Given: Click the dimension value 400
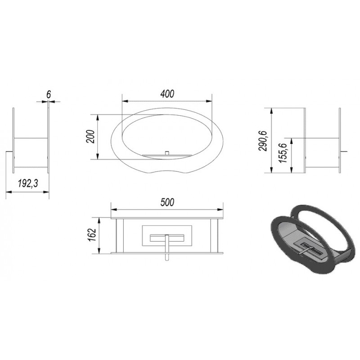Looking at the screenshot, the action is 167,94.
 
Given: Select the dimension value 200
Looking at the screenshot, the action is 90,137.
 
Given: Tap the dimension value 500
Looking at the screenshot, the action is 167,202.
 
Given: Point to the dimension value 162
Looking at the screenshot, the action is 91,235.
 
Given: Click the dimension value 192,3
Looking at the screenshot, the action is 28,184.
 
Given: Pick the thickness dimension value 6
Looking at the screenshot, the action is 49,94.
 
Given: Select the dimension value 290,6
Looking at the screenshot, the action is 263,141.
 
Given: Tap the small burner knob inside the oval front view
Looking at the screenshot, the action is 167,153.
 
